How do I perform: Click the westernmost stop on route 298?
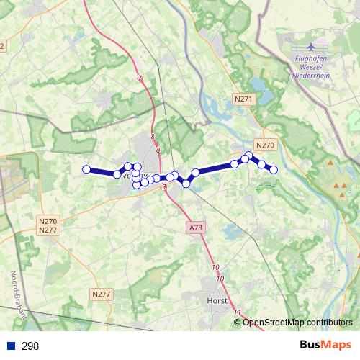[86, 169]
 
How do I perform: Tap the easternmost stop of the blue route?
[274, 170]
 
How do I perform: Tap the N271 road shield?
[245, 100]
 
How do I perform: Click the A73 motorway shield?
[194, 227]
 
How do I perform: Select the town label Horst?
[216, 301]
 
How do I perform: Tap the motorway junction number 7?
[140, 78]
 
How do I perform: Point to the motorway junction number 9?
[164, 187]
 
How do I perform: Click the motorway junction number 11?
[238, 311]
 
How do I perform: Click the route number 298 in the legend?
[30, 346]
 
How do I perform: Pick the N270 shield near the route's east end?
[265, 145]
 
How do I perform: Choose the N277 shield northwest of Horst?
[102, 294]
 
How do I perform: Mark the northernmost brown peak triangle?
[330, 163]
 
